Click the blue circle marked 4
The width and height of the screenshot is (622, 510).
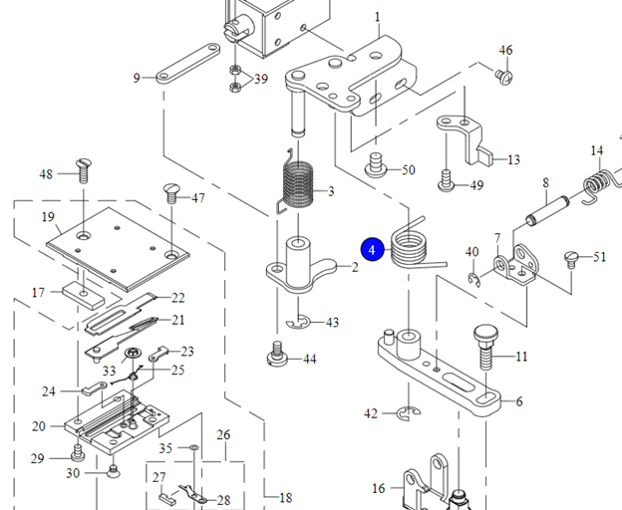[372, 249]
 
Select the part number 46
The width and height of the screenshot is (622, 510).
[505, 50]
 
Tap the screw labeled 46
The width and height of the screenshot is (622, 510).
[504, 73]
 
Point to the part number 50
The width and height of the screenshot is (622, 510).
[408, 170]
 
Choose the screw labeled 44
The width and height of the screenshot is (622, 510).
[279, 353]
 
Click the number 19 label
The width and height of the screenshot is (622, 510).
[47, 217]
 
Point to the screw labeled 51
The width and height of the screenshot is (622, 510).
[572, 258]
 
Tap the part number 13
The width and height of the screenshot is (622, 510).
[513, 160]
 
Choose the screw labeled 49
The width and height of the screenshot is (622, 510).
[448, 182]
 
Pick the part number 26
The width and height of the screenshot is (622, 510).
[223, 435]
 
